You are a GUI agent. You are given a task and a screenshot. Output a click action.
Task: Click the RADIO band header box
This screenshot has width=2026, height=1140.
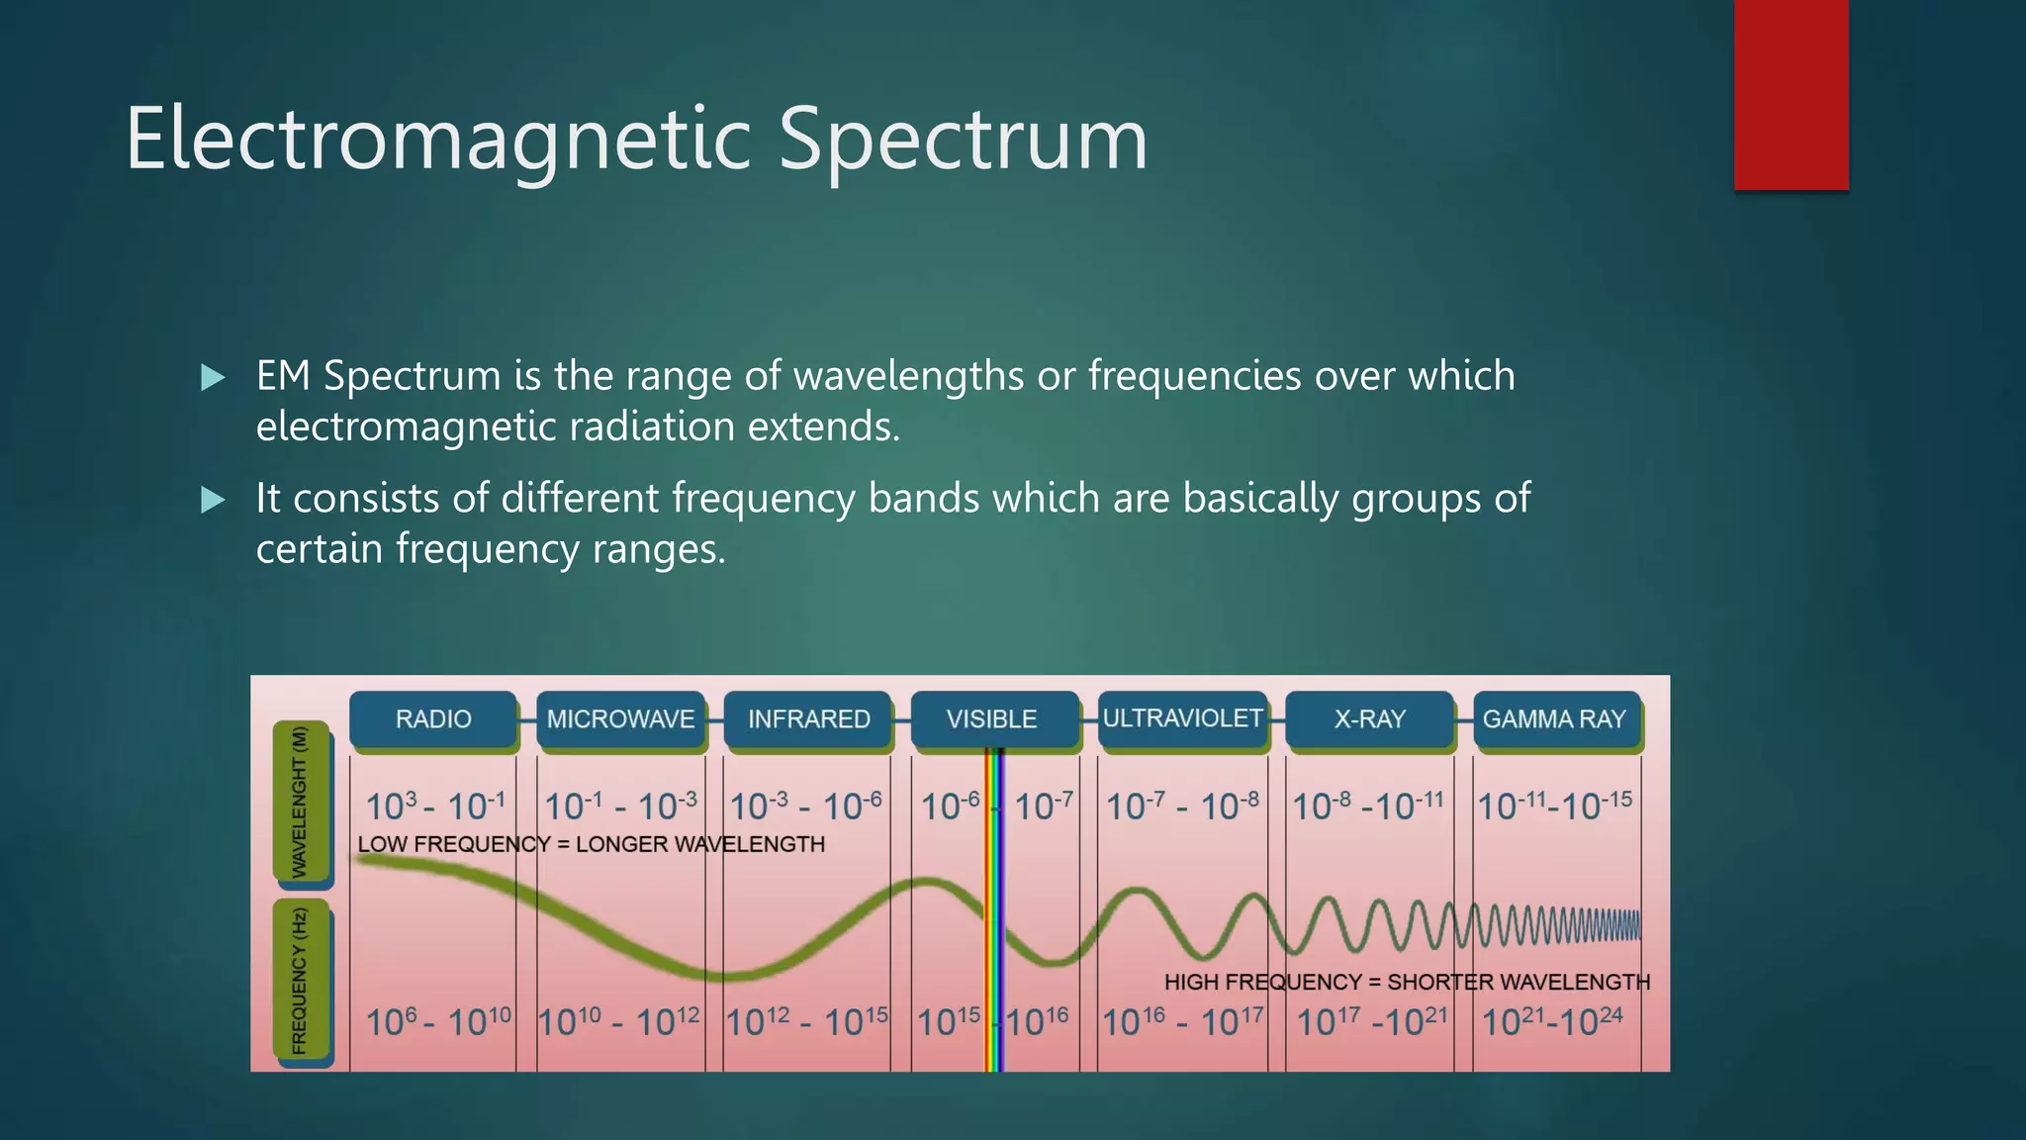pyautogui.click(x=433, y=719)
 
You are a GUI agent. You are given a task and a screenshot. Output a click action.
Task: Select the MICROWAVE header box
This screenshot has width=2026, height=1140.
pyautogui.click(x=620, y=719)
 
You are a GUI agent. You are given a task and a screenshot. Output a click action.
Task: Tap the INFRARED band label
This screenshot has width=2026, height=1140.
pyautogui.click(x=808, y=719)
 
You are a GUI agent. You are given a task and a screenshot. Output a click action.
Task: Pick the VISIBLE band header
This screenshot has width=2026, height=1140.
pyautogui.click(x=992, y=719)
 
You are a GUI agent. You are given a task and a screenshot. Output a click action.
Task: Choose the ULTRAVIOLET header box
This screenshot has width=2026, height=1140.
pyautogui.click(x=1182, y=718)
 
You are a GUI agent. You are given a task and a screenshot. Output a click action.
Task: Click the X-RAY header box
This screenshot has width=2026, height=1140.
pyautogui.click(x=1369, y=719)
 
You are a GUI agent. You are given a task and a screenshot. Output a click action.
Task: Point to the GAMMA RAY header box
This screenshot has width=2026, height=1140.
pyautogui.click(x=1554, y=719)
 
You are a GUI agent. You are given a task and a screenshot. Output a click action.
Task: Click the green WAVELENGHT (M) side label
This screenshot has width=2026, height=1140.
pyautogui.click(x=300, y=802)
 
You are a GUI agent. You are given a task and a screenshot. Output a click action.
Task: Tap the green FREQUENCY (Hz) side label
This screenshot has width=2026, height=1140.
pyautogui.click(x=300, y=980)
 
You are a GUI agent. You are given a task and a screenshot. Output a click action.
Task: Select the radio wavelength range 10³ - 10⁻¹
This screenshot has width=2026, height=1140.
pyautogui.click(x=435, y=807)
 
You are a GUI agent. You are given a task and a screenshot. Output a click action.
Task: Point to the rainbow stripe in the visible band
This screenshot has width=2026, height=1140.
pyautogui.click(x=995, y=910)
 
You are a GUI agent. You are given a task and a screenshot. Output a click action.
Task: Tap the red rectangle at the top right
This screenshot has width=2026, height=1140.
pyautogui.click(x=1791, y=94)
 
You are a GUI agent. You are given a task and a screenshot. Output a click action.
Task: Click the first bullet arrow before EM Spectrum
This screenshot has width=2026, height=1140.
pyautogui.click(x=213, y=377)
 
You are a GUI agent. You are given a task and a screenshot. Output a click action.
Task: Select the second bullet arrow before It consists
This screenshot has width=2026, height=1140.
pyautogui.click(x=213, y=500)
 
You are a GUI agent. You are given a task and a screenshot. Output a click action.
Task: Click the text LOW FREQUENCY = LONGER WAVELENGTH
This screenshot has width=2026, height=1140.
pyautogui.click(x=591, y=844)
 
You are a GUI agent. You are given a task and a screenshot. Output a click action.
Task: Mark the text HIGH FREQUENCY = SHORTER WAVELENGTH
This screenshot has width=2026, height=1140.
pyautogui.click(x=1407, y=982)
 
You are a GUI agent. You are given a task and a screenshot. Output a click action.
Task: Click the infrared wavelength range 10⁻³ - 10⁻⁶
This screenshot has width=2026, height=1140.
pyautogui.click(x=805, y=807)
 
